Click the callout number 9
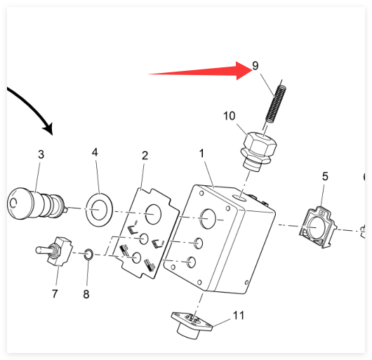point(255,66)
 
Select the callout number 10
point(230,116)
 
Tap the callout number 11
point(239,315)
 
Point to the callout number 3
point(41,154)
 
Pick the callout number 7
point(55,293)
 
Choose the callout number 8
point(86,294)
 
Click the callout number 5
point(325,176)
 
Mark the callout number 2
point(145,156)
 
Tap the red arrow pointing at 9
point(200,71)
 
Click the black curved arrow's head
point(48,128)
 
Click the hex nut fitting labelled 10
point(258,151)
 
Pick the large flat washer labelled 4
point(99,210)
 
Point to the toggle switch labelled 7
point(54,251)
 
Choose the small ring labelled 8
point(88,254)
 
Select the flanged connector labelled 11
point(192,325)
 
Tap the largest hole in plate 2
point(153,214)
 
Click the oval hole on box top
point(239,197)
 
